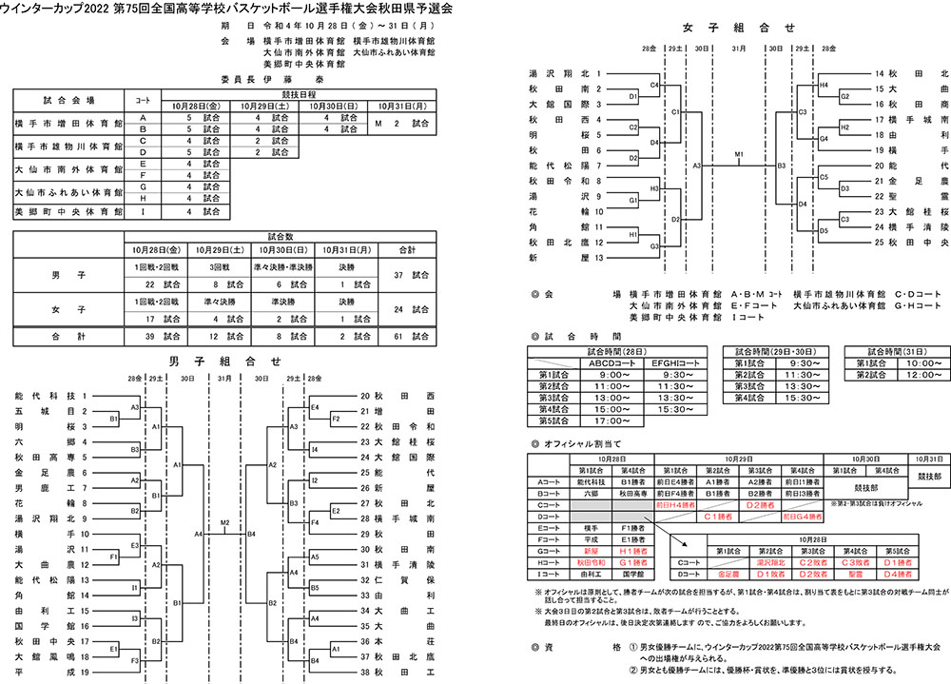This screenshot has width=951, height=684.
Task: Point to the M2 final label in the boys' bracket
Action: (x=224, y=523)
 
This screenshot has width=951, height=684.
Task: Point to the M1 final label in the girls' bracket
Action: (x=739, y=154)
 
